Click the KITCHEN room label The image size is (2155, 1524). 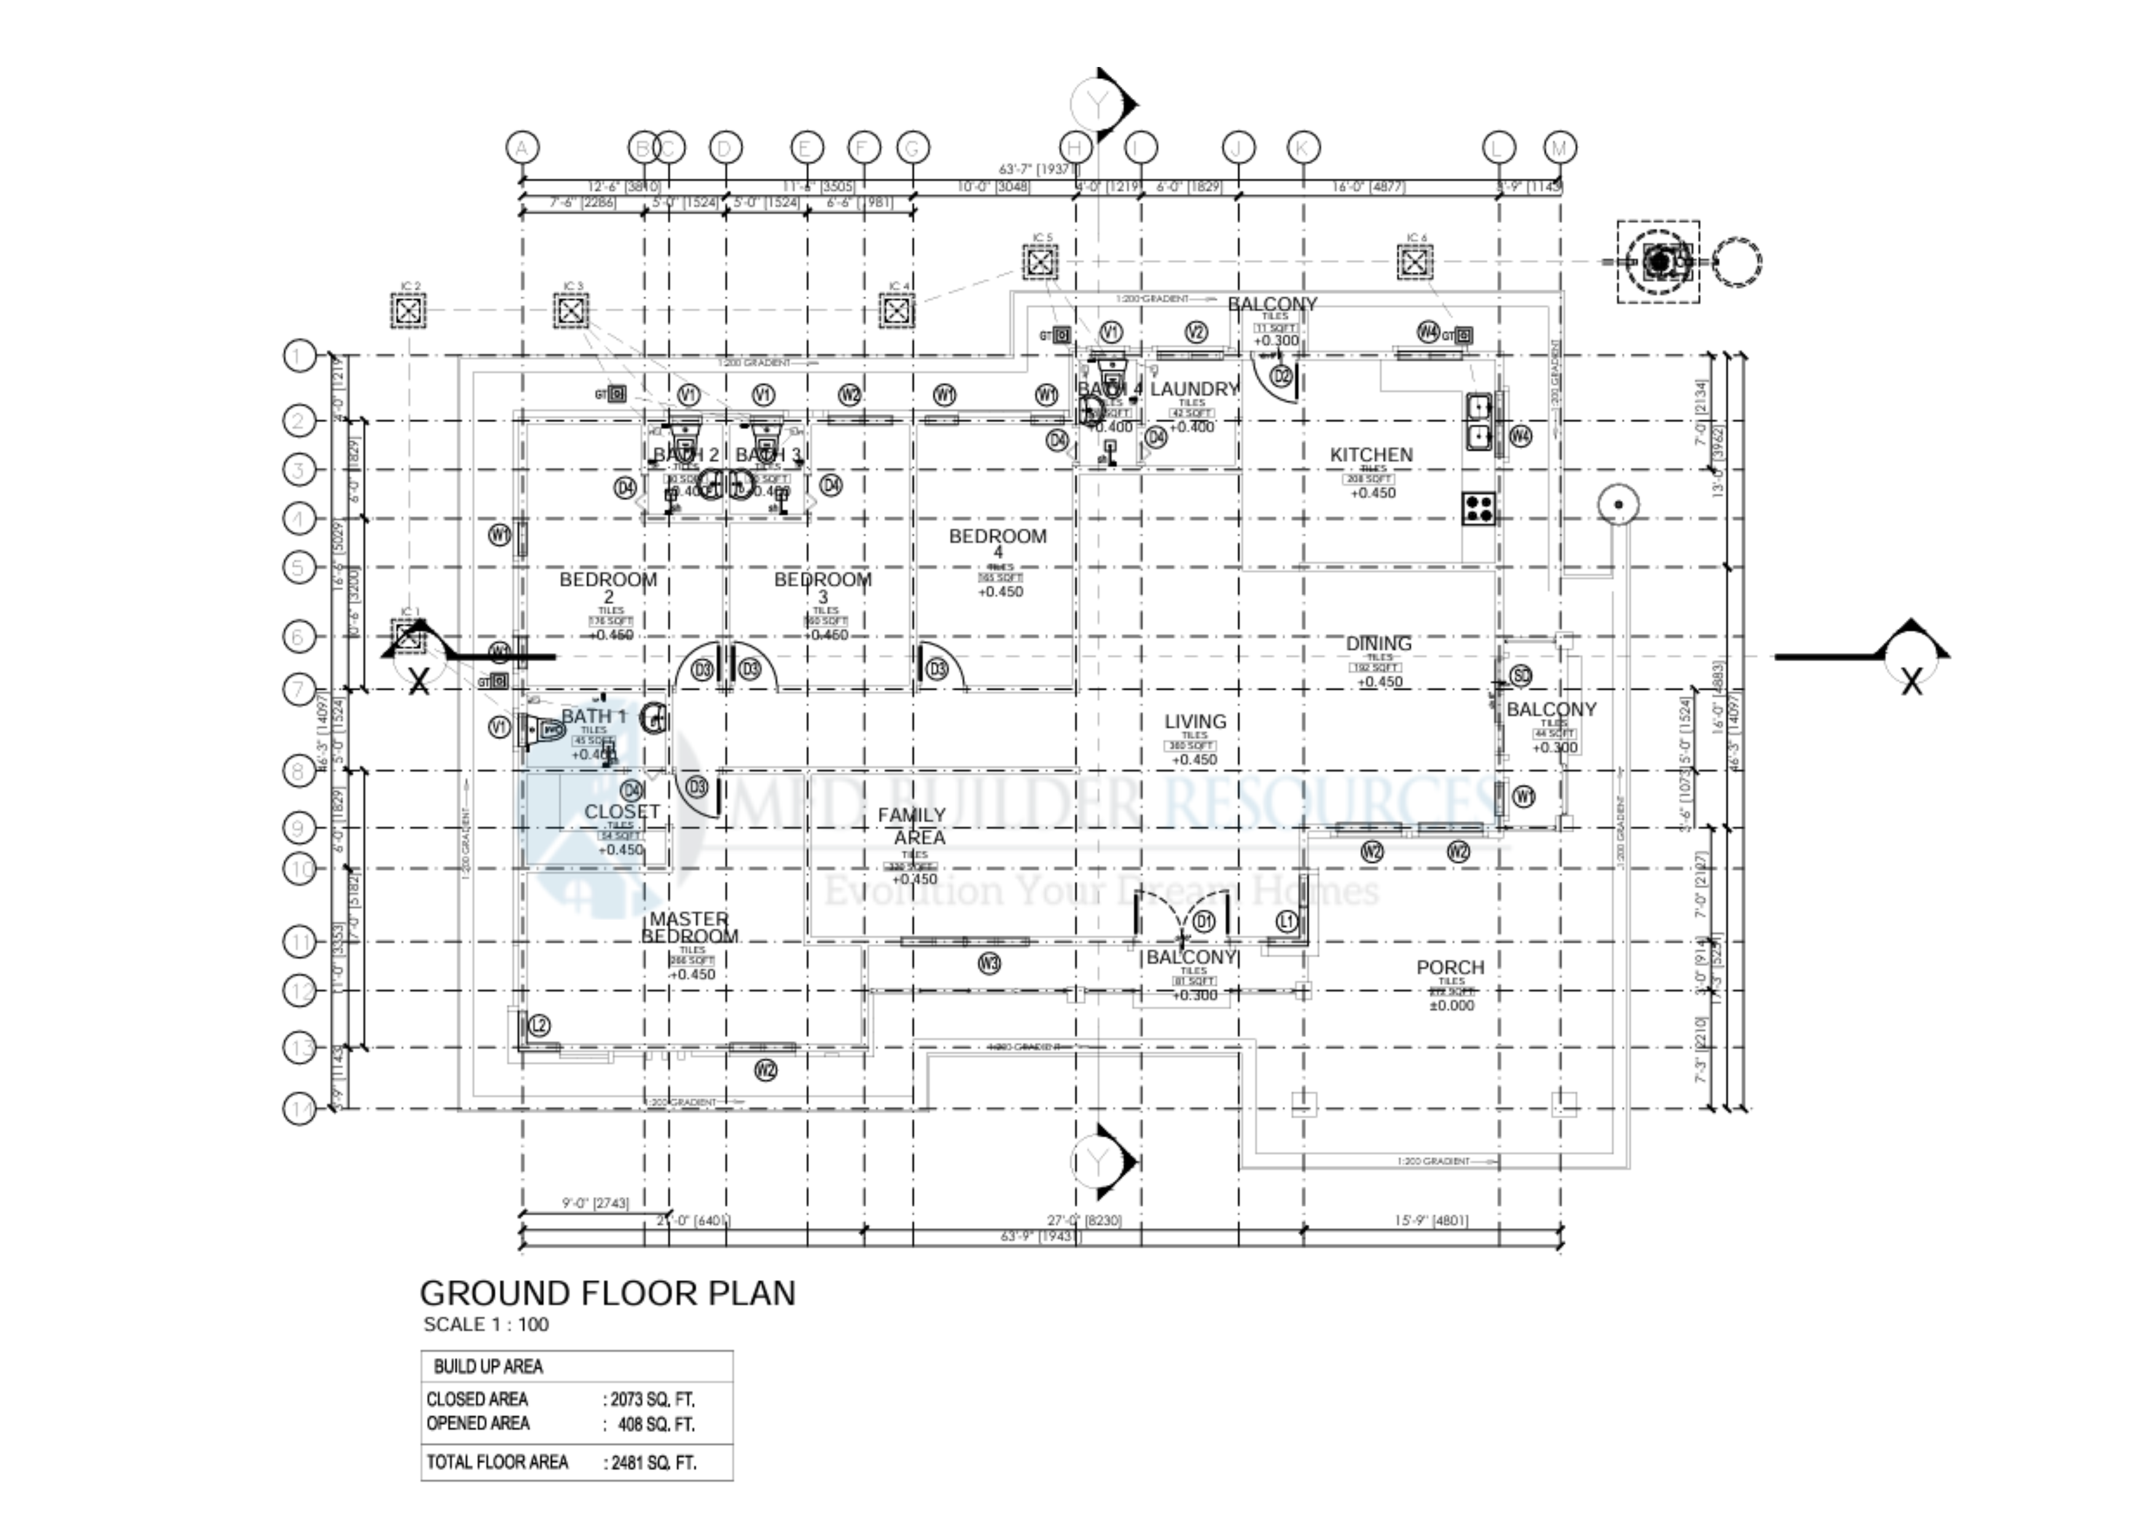[x=1371, y=455]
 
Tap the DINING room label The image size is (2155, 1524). [x=1378, y=644]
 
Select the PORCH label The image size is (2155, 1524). [x=1450, y=967]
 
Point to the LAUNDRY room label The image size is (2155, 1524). [x=1194, y=389]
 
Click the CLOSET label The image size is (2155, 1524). [x=621, y=811]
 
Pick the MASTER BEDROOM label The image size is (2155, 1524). [x=690, y=928]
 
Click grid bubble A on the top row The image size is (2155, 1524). [x=522, y=147]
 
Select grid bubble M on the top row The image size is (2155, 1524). [x=1560, y=147]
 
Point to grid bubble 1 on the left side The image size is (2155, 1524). [x=299, y=356]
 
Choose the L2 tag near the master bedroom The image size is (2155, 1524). [x=539, y=1026]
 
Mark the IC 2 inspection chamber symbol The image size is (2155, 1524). [x=409, y=311]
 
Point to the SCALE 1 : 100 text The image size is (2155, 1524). [x=486, y=1325]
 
